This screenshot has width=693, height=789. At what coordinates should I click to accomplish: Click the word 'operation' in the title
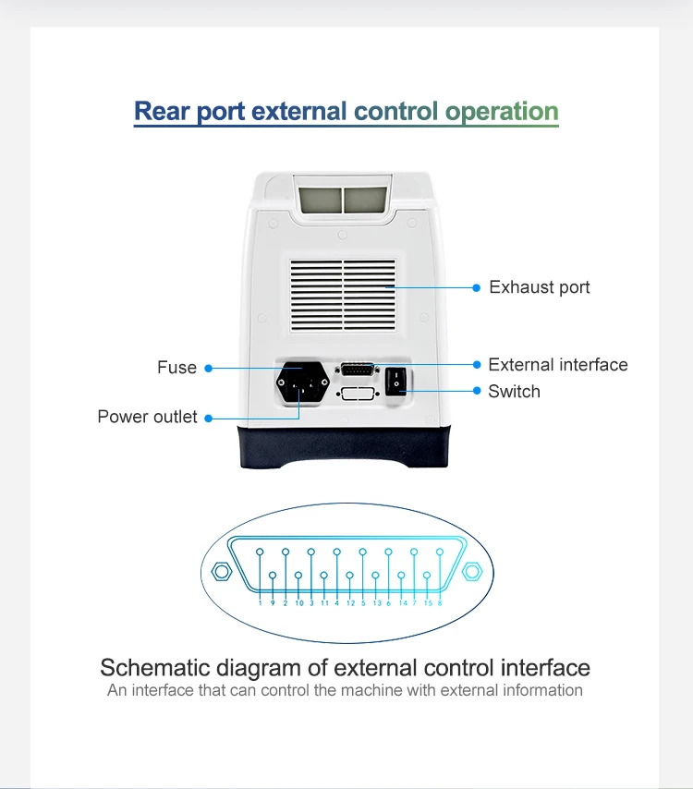[502, 113]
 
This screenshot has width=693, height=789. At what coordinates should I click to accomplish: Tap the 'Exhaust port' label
[539, 287]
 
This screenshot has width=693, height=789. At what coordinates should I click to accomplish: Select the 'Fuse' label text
[176, 368]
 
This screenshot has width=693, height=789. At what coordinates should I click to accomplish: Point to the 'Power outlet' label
[147, 418]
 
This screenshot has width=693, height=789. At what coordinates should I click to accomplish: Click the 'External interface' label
[557, 365]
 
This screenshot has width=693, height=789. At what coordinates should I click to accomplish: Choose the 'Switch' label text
[514, 392]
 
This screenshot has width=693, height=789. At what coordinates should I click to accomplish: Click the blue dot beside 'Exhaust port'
[477, 287]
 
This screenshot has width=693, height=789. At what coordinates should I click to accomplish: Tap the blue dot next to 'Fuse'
[209, 368]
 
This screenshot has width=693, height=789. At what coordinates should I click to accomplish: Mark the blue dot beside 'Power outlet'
[209, 418]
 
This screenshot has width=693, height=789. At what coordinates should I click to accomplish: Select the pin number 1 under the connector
[261, 603]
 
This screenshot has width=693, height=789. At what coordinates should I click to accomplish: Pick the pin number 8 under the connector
[440, 603]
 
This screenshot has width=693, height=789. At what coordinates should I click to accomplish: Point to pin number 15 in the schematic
[427, 603]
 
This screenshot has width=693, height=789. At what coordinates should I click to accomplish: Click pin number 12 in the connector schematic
[350, 603]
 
